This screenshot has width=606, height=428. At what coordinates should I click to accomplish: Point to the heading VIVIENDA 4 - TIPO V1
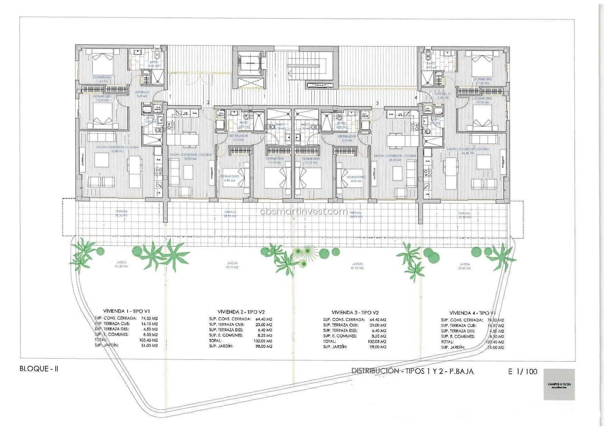(472, 313)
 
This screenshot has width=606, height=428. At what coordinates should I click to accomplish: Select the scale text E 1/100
(523, 372)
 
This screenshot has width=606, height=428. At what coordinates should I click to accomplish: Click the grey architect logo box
(559, 384)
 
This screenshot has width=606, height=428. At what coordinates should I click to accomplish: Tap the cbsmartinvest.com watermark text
(304, 212)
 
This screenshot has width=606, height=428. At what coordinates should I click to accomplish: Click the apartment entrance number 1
(171, 97)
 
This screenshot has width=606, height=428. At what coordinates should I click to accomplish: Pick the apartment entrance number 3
(377, 103)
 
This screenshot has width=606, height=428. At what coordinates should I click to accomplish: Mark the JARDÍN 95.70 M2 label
(233, 265)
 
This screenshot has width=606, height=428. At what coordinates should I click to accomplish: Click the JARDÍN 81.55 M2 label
(358, 266)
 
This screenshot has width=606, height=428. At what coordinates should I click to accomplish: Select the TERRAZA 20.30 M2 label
(464, 215)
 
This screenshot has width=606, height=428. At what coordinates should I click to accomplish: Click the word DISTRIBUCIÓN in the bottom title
(373, 371)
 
